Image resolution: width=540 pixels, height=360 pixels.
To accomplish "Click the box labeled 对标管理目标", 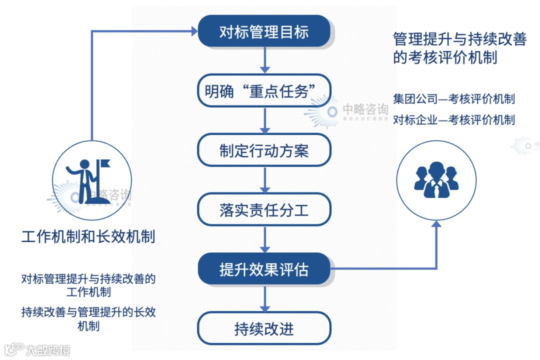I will (x=264, y=32).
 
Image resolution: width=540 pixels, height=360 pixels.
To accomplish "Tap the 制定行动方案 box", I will (x=264, y=150).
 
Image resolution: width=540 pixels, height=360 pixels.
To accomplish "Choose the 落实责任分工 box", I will (x=264, y=210).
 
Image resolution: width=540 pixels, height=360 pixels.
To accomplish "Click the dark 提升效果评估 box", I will (x=264, y=269).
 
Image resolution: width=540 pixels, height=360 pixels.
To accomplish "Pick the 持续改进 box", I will (x=264, y=328).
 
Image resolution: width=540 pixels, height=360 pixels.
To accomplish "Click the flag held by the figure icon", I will (x=105, y=163).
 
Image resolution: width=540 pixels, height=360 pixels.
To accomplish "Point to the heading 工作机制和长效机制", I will (x=88, y=236).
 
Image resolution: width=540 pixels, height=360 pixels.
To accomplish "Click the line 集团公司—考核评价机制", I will (x=454, y=98).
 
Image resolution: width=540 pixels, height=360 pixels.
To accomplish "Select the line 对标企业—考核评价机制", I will (x=454, y=119).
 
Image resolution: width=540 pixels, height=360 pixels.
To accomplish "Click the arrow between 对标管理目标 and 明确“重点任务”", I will (x=264, y=61).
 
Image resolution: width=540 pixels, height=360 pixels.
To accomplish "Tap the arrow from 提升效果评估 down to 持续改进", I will (x=264, y=299).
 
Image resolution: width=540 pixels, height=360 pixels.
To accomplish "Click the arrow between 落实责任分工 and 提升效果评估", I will (x=264, y=240).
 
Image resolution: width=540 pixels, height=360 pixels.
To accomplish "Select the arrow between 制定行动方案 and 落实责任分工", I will (x=264, y=180).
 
